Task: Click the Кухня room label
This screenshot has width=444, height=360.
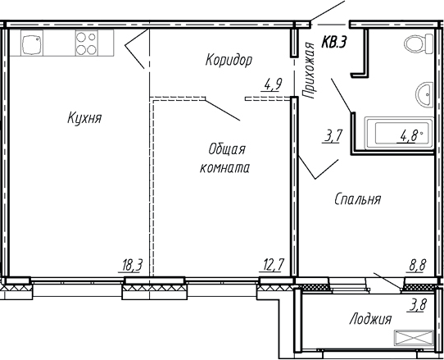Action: pos(84,119)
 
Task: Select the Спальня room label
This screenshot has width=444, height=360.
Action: pos(358,198)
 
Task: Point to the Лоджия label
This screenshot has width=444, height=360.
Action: pos(369,320)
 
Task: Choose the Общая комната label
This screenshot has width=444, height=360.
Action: pos(224,158)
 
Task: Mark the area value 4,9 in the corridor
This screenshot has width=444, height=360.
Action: pos(272,82)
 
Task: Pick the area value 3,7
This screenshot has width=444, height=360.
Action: pos(333,136)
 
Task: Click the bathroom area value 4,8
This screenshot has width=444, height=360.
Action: pos(407,136)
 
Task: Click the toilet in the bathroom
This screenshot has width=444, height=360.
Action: pos(414,45)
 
